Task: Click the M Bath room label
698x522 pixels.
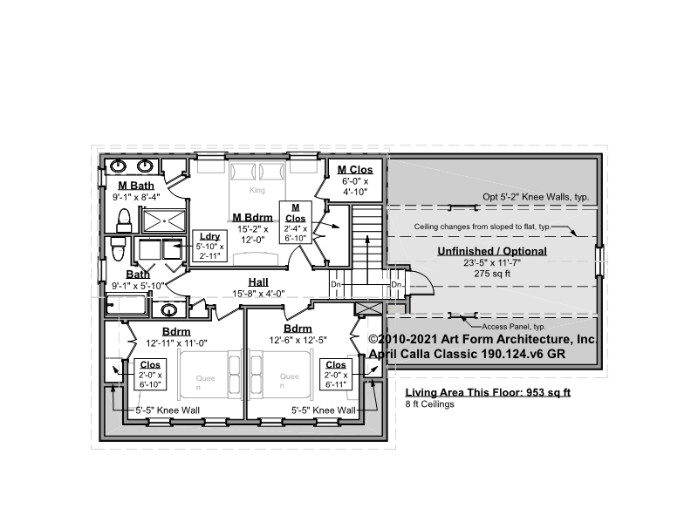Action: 136,186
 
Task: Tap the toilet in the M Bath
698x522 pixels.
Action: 124,220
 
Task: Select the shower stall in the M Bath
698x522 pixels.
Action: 164,220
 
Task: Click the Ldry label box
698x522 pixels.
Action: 209,246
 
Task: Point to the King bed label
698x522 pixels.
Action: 257,190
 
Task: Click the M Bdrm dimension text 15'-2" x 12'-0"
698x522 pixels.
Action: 253,234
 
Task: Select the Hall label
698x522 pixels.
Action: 258,281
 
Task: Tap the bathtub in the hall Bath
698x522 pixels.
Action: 126,306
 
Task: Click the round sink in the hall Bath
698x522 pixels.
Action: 168,309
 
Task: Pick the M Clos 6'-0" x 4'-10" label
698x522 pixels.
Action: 355,180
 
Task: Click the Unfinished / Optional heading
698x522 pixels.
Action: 492,251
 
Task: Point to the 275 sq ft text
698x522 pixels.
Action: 492,274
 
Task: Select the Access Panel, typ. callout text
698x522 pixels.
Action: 514,327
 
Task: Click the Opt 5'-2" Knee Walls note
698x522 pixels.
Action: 536,197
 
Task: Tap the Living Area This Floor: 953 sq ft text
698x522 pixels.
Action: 488,392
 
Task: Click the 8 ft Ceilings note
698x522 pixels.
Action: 429,404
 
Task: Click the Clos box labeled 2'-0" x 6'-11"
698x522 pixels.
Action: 336,375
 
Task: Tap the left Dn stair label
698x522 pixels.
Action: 336,284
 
